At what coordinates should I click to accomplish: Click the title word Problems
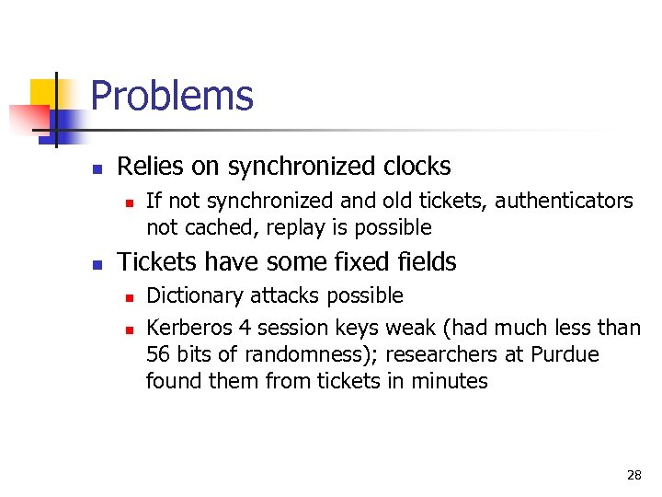pyautogui.click(x=172, y=96)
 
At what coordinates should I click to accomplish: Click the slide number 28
pyautogui.click(x=633, y=475)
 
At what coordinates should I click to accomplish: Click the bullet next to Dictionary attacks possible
pyautogui.click(x=129, y=297)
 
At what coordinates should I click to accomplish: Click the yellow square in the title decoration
pyautogui.click(x=43, y=92)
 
